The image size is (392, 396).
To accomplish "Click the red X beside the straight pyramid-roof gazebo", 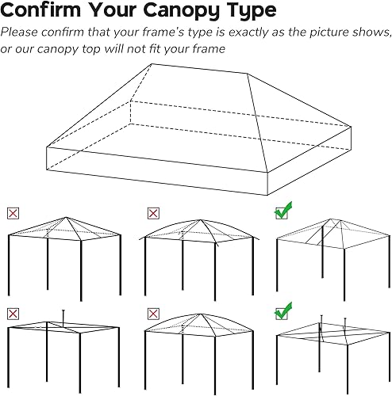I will [x=12, y=212].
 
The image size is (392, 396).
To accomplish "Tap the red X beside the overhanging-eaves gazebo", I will [x=152, y=212].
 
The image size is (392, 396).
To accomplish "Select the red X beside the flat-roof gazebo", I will [x=12, y=314].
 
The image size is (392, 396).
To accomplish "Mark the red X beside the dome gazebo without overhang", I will [x=152, y=314].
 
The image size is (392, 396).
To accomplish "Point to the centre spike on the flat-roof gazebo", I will [x=62, y=314].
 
